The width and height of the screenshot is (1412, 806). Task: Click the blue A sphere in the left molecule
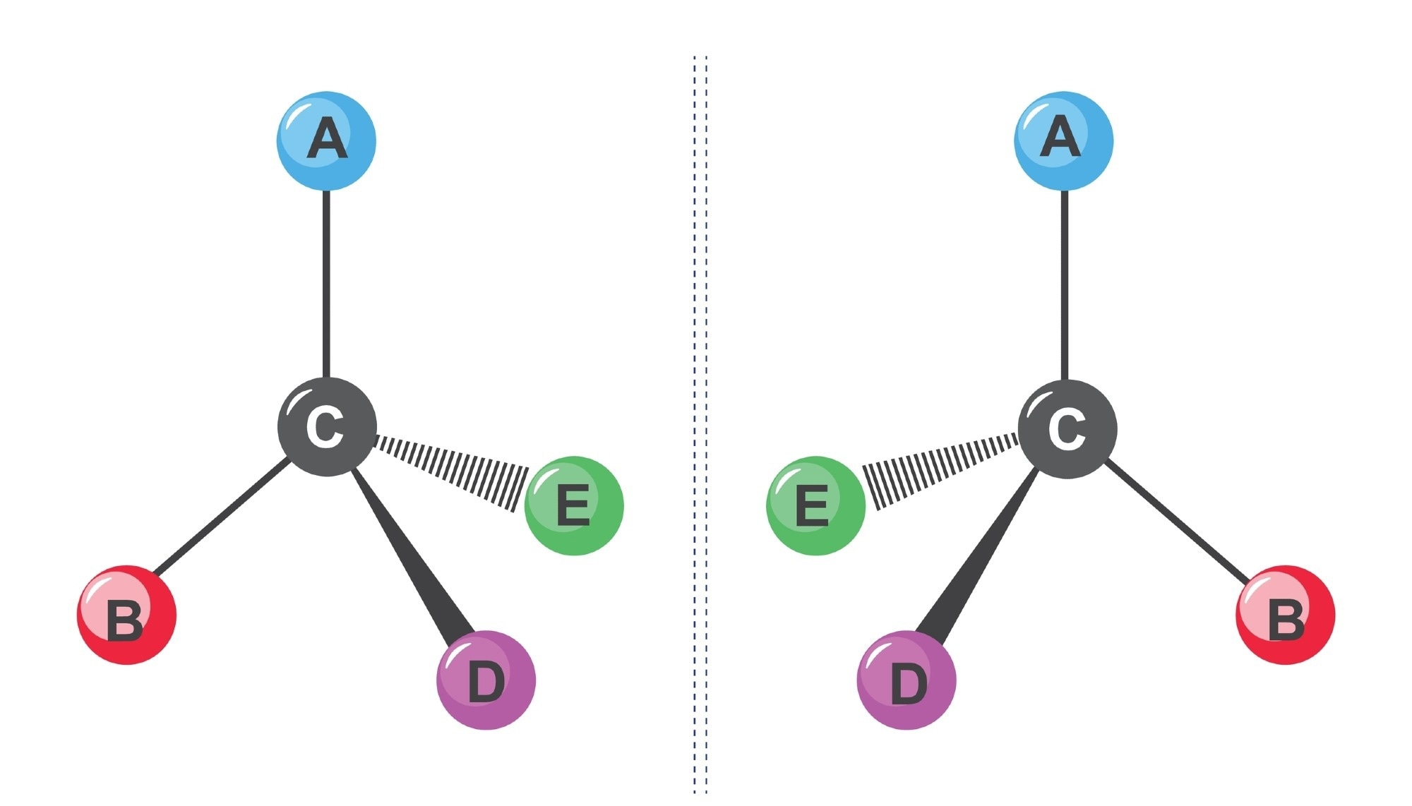pyautogui.click(x=326, y=140)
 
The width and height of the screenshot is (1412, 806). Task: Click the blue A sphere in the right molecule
pyautogui.click(x=1064, y=140)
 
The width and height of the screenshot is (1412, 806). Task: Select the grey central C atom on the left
pyautogui.click(x=327, y=427)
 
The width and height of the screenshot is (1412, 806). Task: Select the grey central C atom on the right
pyautogui.click(x=1067, y=428)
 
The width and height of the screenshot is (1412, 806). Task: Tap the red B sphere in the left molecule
pyautogui.click(x=126, y=615)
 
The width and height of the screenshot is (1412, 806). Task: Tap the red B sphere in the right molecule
pyautogui.click(x=1285, y=615)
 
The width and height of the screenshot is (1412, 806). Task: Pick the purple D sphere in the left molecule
pyautogui.click(x=486, y=680)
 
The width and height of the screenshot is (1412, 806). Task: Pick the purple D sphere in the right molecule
pyautogui.click(x=907, y=680)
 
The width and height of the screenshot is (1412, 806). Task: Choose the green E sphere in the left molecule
pyautogui.click(x=574, y=505)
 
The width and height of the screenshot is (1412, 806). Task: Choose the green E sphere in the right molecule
pyautogui.click(x=816, y=505)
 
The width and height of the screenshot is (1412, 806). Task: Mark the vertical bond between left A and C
pyautogui.click(x=326, y=282)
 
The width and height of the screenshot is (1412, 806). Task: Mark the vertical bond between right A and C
pyautogui.click(x=1065, y=282)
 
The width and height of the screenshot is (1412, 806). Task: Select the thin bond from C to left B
pyautogui.click(x=222, y=515)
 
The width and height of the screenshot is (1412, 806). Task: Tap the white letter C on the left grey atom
pyautogui.click(x=325, y=427)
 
